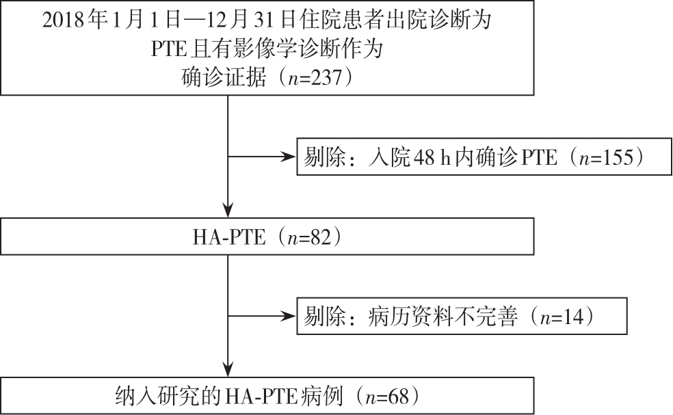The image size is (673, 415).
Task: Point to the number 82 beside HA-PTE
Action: click(321, 237)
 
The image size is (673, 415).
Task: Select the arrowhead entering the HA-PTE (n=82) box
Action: click(228, 210)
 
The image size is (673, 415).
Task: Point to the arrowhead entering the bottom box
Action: click(228, 369)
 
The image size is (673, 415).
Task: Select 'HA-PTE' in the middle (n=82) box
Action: click(229, 237)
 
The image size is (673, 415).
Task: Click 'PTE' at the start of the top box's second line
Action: click(168, 49)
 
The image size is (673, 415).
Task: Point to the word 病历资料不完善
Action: click(443, 317)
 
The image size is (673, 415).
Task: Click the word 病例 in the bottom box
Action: click(321, 397)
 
